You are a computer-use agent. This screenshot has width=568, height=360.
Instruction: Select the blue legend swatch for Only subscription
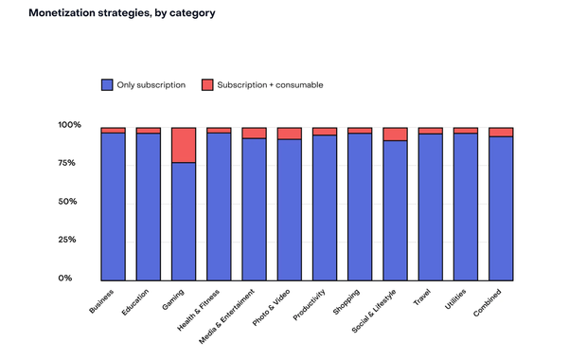tap(107, 85)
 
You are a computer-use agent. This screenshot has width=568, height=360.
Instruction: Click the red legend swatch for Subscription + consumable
tap(207, 85)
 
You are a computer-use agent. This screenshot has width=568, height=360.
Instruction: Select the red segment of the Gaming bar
tap(184, 145)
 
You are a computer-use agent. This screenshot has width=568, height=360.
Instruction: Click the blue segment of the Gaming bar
tap(184, 222)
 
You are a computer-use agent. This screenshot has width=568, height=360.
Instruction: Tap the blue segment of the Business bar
tap(114, 207)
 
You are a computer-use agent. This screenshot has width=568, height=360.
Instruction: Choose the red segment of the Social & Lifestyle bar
tap(396, 134)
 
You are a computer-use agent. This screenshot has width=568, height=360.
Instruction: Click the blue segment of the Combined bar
tap(501, 208)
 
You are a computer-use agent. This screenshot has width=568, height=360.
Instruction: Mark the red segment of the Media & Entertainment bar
tap(255, 133)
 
